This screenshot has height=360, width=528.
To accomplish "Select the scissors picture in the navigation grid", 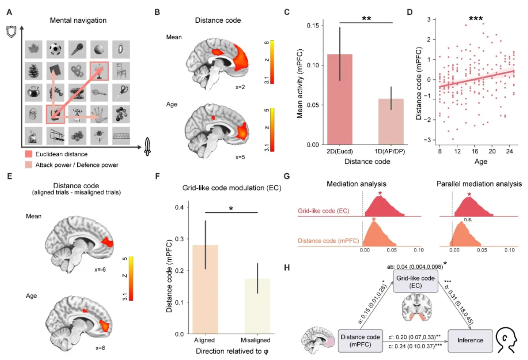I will click(x=121, y=91).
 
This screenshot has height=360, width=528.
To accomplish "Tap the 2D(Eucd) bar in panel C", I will click(x=339, y=99).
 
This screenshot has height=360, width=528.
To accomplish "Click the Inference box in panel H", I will click(x=469, y=341).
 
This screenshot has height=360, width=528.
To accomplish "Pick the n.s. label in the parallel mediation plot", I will click(x=468, y=219).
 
